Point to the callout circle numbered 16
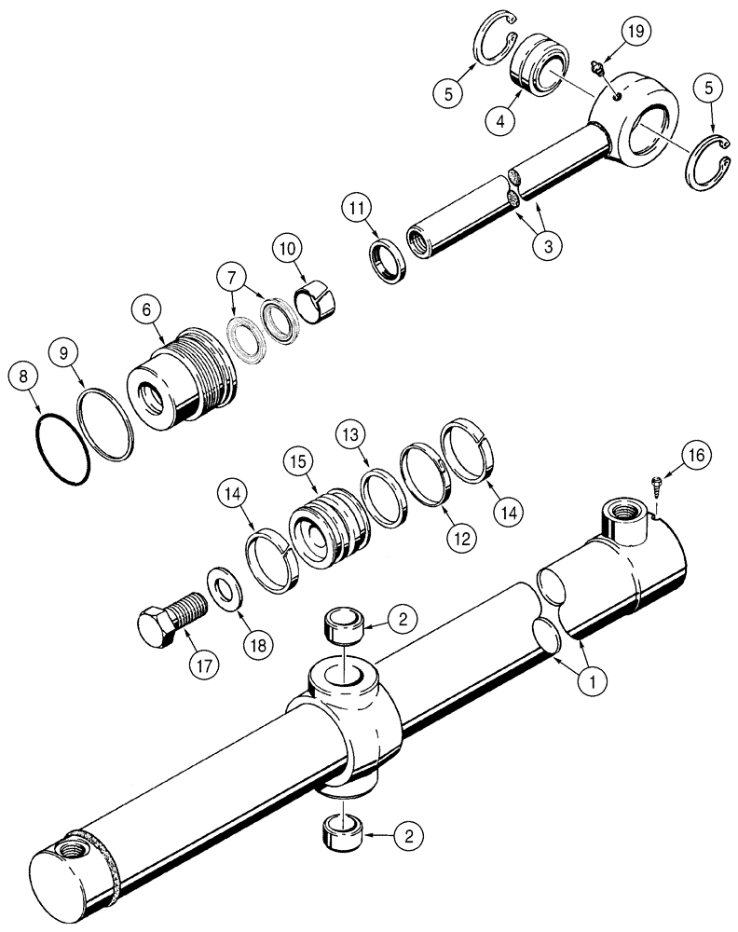tap(701, 456)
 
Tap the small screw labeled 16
tap(656, 484)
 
